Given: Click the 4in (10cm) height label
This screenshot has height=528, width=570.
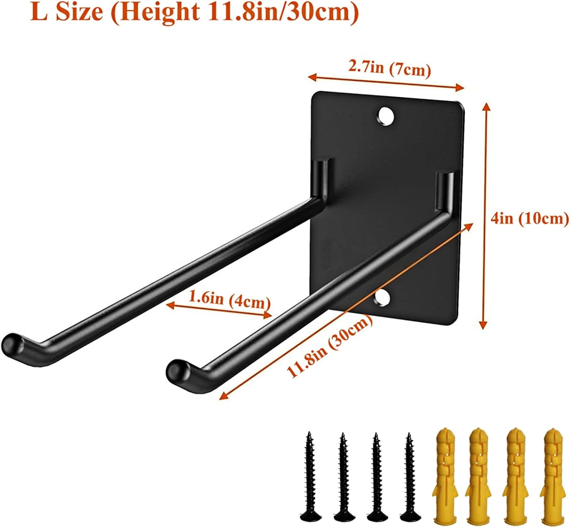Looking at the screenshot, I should (x=530, y=219).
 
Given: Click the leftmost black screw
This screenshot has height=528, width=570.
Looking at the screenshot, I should (x=309, y=475).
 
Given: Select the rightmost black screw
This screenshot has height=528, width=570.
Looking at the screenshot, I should (x=409, y=475).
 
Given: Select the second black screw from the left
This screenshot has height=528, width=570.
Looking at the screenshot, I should (x=342, y=475).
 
